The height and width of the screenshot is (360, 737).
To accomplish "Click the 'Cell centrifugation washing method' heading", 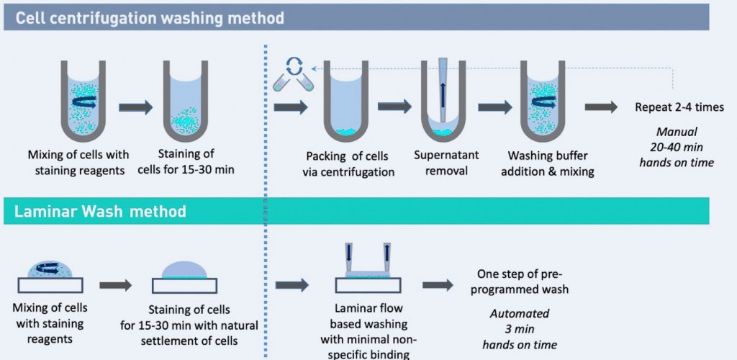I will tap(150, 18).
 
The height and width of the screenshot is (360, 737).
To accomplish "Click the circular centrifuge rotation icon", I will tap(294, 67).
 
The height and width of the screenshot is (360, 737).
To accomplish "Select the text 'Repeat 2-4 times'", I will tap(679, 107).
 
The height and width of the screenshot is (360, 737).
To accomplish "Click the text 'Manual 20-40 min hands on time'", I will tap(676, 147).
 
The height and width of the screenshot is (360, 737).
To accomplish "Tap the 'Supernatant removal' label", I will tap(446, 163).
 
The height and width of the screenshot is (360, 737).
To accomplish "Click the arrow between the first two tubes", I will tap(135, 107).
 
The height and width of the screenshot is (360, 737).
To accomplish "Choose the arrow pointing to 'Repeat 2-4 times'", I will tap(601, 107).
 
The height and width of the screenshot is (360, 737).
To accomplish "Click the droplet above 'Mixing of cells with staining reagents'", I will tap(50, 270).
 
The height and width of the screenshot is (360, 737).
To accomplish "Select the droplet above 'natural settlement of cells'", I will tap(186, 270).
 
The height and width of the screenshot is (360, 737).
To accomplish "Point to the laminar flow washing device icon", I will tap(367, 263).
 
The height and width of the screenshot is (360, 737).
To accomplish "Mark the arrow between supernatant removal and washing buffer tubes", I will tap(494, 107).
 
